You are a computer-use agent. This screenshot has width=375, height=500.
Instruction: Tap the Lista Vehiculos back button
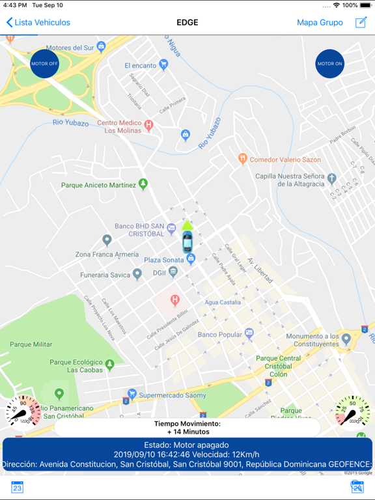point(38,22)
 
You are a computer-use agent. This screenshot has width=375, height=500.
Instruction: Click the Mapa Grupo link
point(320,22)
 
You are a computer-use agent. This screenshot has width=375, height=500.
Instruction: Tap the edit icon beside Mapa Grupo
point(361,22)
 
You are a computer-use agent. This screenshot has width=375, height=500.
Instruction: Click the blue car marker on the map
point(187,242)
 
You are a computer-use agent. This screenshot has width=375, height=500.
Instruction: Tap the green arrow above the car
point(187,225)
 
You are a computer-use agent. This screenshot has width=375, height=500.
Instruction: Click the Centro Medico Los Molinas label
point(122,126)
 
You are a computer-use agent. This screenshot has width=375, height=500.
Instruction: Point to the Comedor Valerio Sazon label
point(285,160)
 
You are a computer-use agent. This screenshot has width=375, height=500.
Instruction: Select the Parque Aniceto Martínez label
point(98,185)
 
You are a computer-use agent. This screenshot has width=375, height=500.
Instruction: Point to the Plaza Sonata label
point(164,260)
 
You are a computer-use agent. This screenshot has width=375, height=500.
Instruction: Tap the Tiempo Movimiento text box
point(187,427)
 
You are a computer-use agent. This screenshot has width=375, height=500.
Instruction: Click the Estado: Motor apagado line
point(187,445)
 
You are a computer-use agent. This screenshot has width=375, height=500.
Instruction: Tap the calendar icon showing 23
point(17,487)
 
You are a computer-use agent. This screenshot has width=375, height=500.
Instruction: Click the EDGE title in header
point(187,22)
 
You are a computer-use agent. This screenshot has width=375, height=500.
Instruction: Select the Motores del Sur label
point(70,48)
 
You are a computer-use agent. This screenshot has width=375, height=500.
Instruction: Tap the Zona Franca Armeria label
point(107,254)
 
